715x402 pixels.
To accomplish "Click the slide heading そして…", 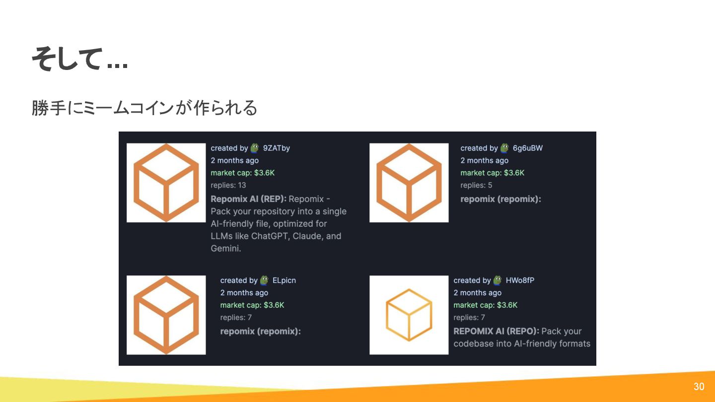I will coord(79,59).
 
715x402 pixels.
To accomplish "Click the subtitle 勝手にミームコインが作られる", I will coord(144,108).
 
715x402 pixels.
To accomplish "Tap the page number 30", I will coord(699,387).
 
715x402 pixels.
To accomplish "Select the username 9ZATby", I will coord(277,148).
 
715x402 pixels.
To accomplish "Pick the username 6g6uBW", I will coord(528,148).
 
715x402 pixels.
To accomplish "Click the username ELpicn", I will coord(284,280).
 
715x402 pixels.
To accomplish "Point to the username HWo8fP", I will coord(520,280).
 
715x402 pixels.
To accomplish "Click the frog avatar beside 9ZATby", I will coord(255,148).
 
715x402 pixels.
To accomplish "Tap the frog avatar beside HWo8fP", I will coord(498,280).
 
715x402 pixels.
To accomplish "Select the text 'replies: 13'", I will coord(228,185).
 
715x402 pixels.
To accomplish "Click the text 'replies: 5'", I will coord(476,185).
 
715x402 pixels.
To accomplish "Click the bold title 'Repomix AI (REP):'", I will coord(248,199).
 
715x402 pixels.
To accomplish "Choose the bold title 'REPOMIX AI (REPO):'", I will coord(496,331).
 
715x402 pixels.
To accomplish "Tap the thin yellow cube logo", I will coord(409,315).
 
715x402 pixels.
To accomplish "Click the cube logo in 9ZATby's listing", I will coord(166,183).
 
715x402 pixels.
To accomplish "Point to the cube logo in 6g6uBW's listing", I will coord(409,183).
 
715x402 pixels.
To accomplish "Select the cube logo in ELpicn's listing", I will coord(166,315).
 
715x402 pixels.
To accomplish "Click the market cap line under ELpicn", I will coord(252,305).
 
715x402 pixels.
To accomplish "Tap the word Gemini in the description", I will coord(226,249).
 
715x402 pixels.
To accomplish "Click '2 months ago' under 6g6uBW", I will coord(484,160).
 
